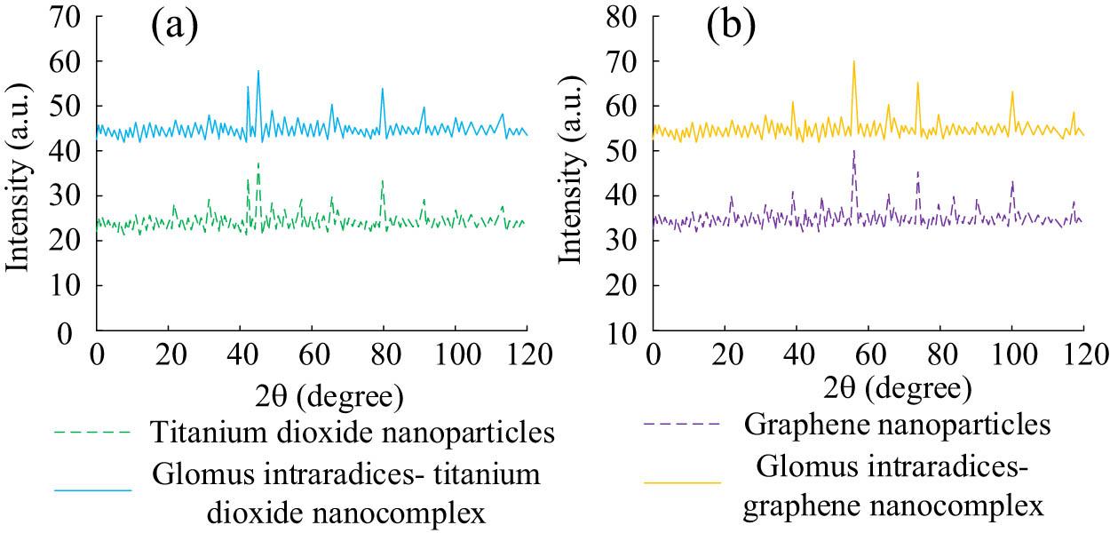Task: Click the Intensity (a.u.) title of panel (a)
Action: [20, 173]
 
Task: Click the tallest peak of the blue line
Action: [258, 71]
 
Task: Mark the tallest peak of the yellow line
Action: [853, 61]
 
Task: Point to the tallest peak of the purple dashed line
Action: [853, 151]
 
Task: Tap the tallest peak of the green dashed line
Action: [258, 163]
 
